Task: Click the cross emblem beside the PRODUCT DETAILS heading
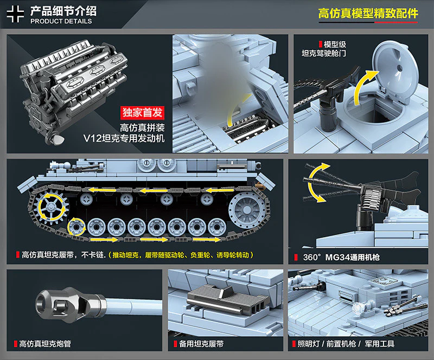(15, 15)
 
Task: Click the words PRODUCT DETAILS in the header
(61, 22)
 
